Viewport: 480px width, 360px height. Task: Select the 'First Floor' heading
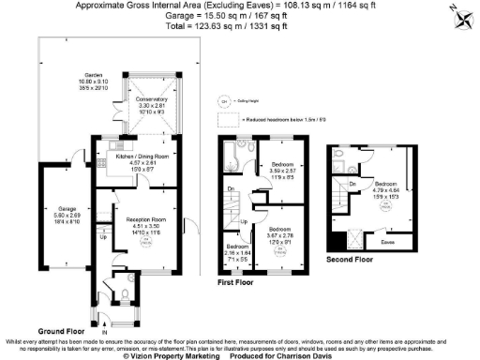tap(239, 280)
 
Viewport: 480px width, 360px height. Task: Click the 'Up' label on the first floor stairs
tap(246, 223)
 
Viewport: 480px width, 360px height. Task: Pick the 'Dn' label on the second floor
tap(351, 184)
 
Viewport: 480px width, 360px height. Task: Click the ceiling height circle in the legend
tap(224, 100)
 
